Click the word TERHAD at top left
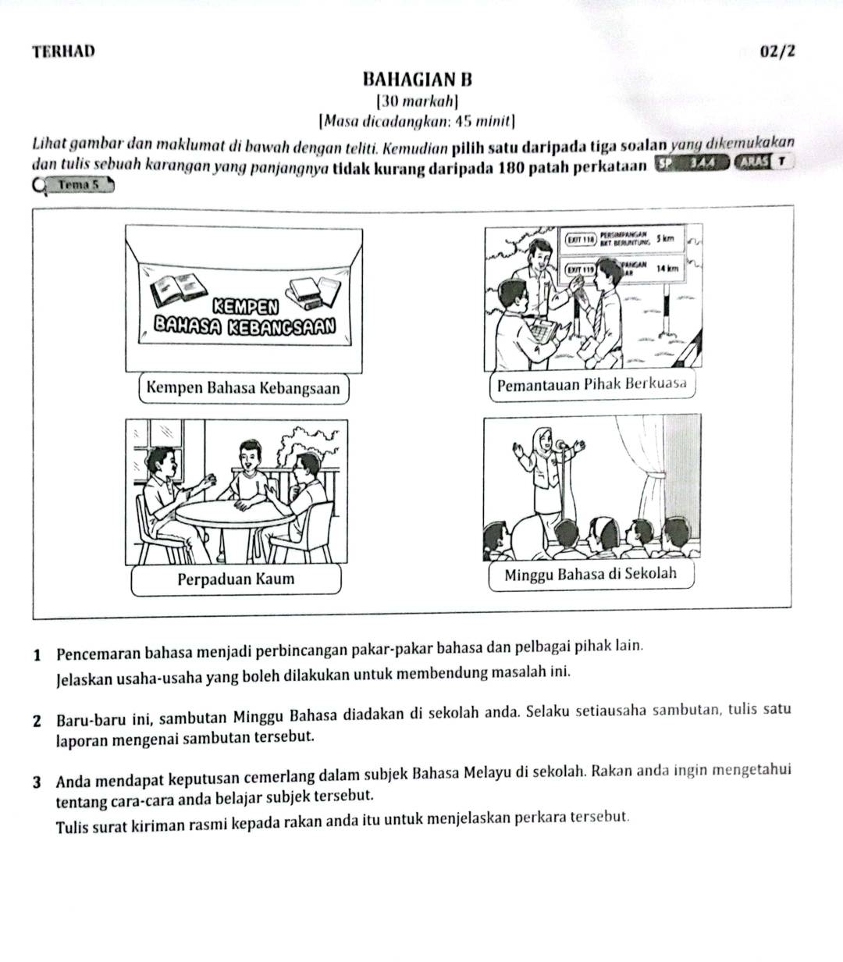pos(64,52)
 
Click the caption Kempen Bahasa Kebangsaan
pos(243,388)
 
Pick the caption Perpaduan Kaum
pos(236,579)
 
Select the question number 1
pos(38,647)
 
